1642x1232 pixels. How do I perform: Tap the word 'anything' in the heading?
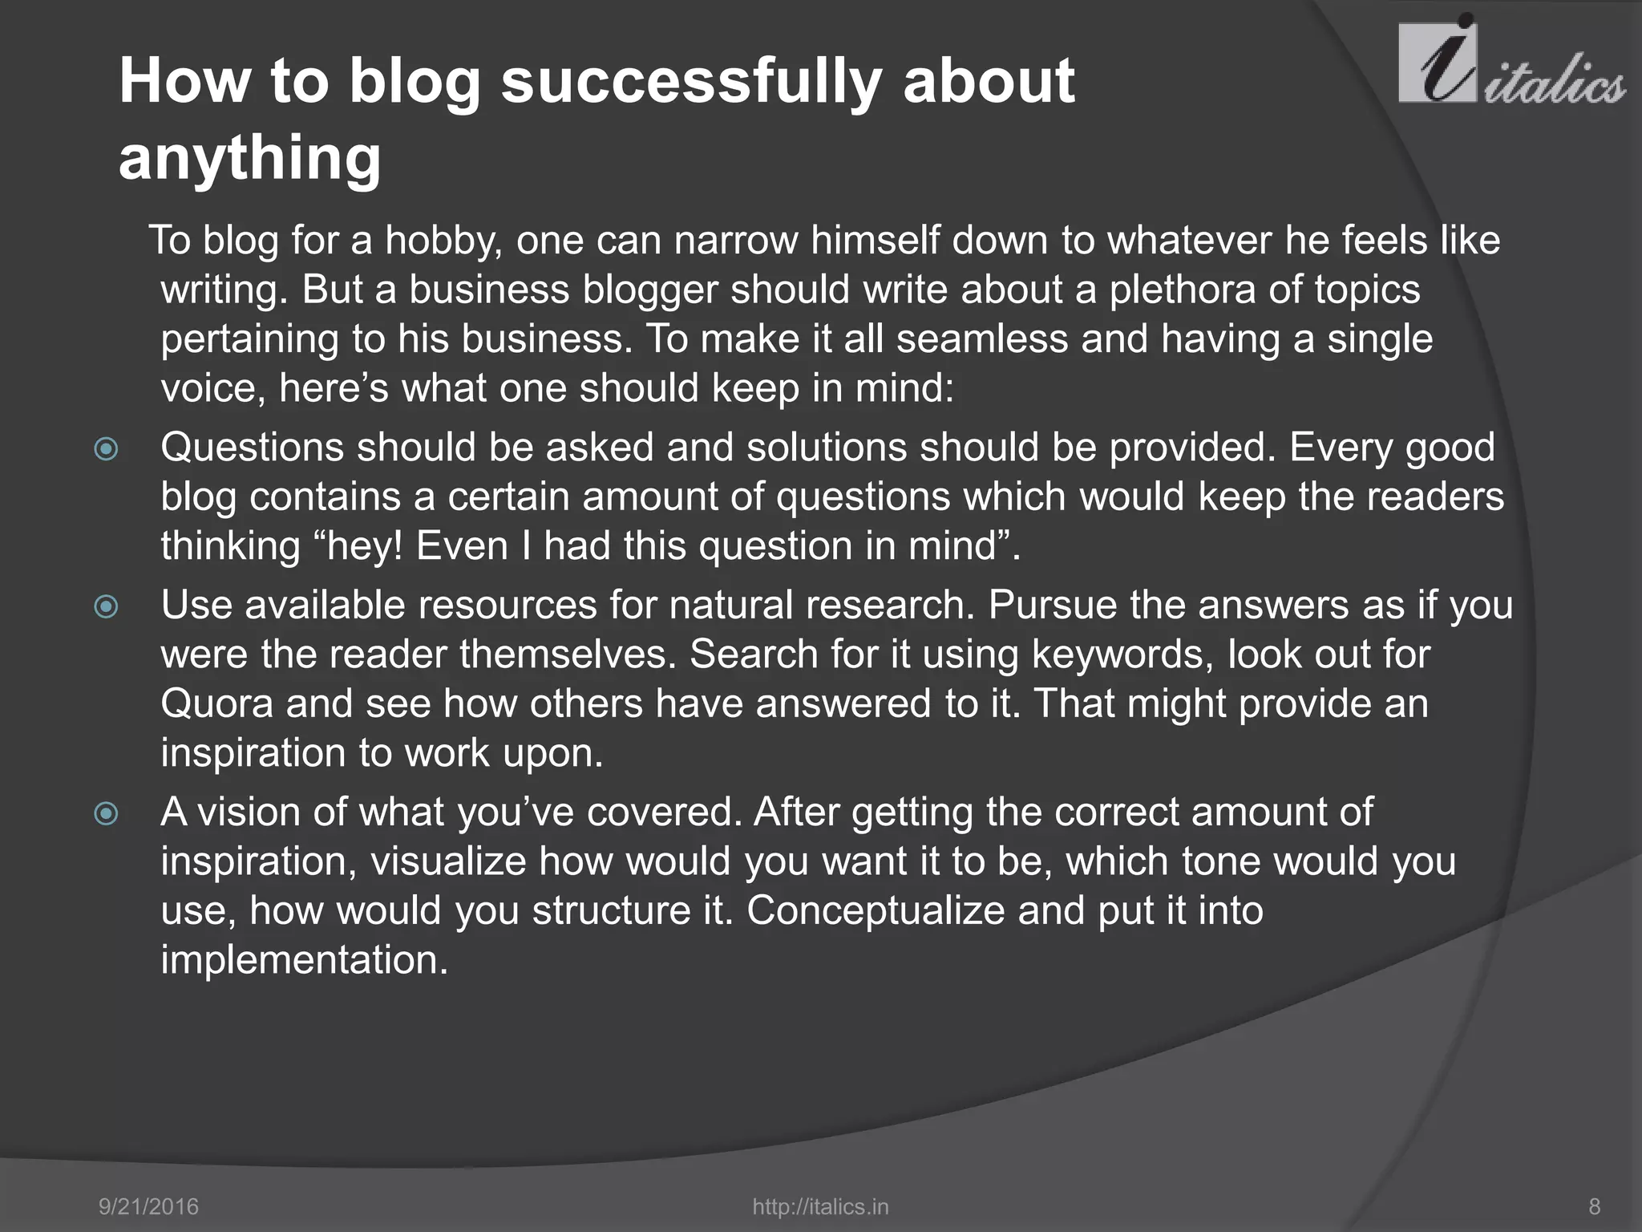click(249, 157)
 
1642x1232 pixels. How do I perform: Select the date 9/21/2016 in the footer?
click(148, 1206)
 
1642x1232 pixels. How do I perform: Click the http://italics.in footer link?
click(820, 1206)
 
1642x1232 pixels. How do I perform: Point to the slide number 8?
click(1594, 1206)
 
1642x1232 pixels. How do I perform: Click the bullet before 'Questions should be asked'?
click(106, 449)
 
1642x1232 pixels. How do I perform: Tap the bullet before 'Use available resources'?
click(106, 607)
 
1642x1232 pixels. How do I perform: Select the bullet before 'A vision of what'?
click(106, 815)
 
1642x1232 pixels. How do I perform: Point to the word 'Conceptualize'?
click(875, 911)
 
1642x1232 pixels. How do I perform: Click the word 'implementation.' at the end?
click(304, 960)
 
